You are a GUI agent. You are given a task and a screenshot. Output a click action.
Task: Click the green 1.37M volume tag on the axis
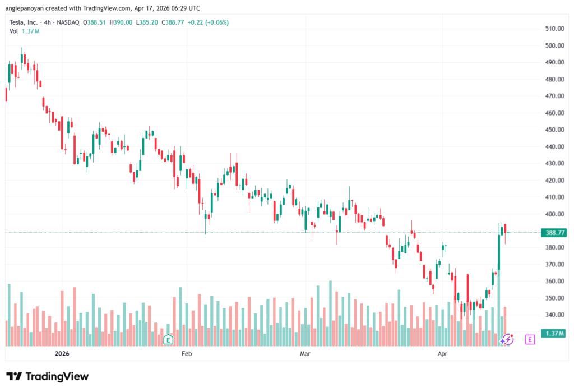[x=554, y=334]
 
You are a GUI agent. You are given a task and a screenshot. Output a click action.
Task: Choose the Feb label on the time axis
[x=187, y=354]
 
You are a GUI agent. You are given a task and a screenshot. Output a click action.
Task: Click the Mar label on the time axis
[x=305, y=354]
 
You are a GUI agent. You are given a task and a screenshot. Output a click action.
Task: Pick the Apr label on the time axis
[x=443, y=354]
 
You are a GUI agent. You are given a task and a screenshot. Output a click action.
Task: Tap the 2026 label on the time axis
[x=63, y=354]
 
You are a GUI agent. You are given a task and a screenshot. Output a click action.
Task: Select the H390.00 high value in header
[x=121, y=22]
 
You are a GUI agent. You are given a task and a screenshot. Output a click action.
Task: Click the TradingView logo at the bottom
[x=48, y=376]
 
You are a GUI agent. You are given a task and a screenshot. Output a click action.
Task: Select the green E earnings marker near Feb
[x=167, y=339]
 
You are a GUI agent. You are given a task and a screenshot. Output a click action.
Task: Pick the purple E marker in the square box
[x=530, y=339]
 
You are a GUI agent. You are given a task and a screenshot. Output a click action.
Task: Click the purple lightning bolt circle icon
[x=507, y=339]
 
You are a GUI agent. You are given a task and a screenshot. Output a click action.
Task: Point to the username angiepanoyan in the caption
[x=29, y=8]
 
